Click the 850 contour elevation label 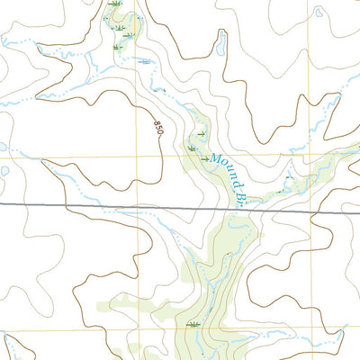159,128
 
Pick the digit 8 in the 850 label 157,122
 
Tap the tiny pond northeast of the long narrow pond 319,13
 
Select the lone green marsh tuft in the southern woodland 192,322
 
